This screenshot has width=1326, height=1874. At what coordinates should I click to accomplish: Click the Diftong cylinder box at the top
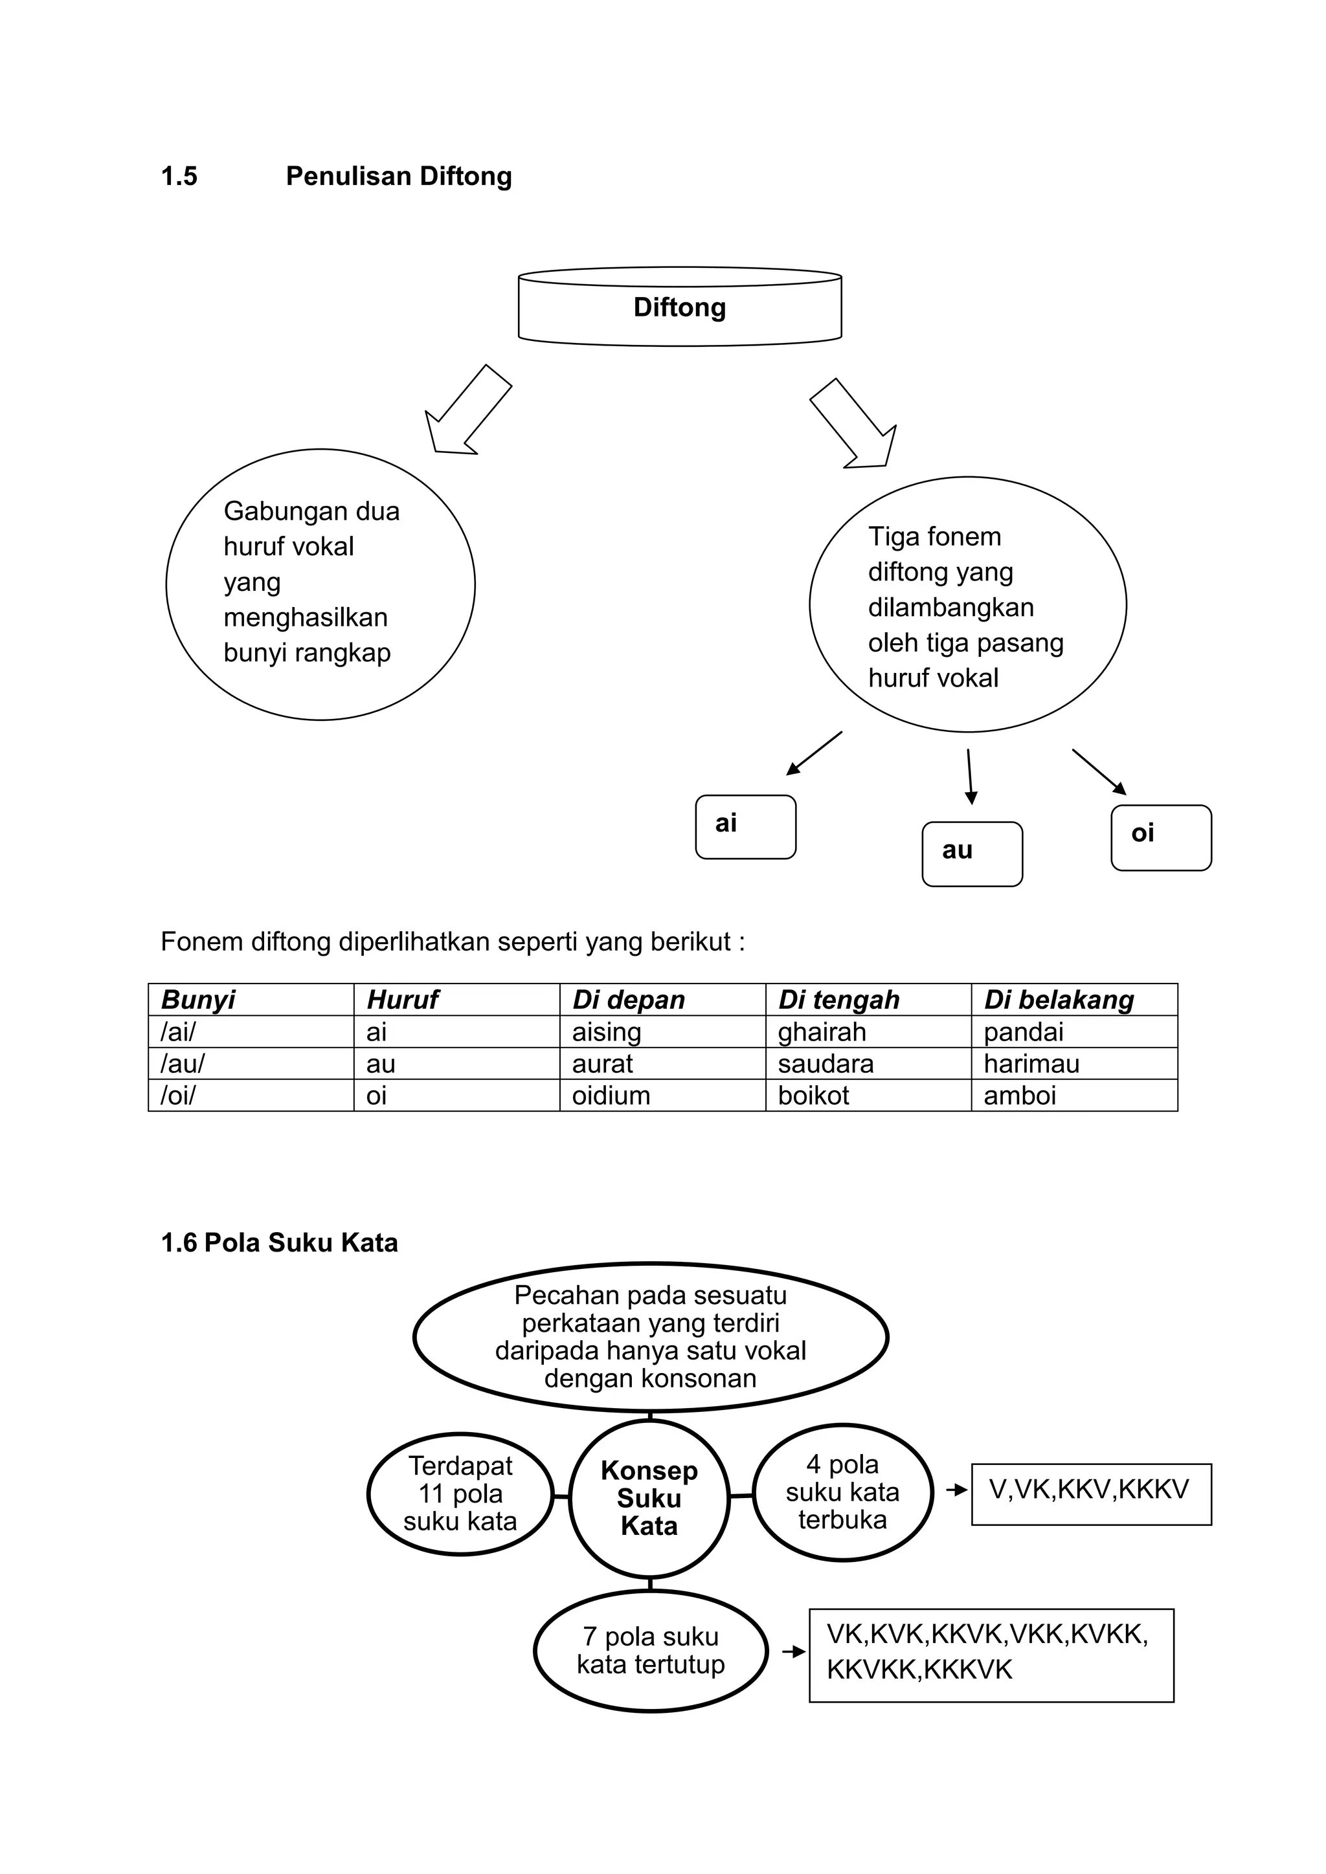tap(679, 308)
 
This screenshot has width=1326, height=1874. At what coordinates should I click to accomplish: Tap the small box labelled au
tap(972, 853)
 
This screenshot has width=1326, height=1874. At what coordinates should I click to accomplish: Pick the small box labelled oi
tap(1160, 837)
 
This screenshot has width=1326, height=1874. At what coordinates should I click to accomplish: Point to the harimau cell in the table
tap(1073, 1064)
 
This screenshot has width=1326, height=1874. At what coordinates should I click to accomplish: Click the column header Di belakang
tap(1073, 1000)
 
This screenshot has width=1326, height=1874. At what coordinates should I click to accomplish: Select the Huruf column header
tap(456, 1000)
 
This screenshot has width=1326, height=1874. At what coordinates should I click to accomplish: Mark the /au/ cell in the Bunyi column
tap(250, 1064)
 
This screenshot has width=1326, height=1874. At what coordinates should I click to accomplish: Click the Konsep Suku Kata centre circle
tap(649, 1498)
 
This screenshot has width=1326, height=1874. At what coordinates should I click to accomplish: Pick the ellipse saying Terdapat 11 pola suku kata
tap(460, 1494)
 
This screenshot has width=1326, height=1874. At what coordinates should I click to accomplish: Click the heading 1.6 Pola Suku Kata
tap(279, 1243)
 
